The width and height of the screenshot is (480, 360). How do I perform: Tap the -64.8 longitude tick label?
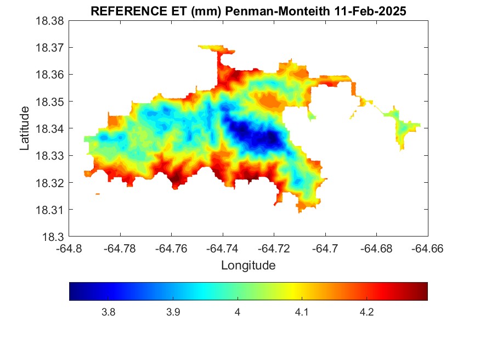[70, 249]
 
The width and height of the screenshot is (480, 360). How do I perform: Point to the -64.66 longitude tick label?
[427, 249]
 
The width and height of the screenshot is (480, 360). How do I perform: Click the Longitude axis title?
[248, 266]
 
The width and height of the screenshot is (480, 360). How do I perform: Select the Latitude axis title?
[25, 129]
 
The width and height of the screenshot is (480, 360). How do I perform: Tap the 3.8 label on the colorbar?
[109, 312]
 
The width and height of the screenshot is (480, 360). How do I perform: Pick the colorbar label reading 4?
[238, 312]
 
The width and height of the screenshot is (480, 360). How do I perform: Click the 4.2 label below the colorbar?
[366, 312]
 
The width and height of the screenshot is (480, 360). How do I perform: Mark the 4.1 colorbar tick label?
[302, 312]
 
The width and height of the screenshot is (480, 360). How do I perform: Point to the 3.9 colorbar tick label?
[173, 312]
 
